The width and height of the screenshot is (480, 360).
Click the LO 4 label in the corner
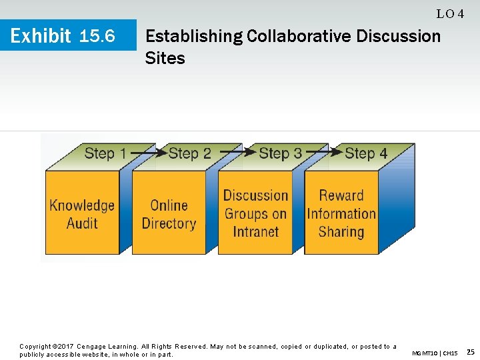(450, 14)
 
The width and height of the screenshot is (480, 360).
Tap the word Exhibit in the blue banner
(41, 36)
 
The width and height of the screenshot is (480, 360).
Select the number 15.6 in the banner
(97, 36)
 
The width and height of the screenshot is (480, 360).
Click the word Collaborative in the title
(299, 36)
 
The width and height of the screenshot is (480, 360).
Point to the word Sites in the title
(165, 59)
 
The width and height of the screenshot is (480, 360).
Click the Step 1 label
(105, 153)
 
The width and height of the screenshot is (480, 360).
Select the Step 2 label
(190, 153)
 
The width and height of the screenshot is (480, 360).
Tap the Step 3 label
(280, 153)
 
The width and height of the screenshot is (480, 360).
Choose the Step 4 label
(365, 153)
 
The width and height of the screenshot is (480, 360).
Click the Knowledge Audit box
(82, 213)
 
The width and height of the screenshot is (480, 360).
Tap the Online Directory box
(169, 213)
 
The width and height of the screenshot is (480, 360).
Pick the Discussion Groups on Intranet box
(255, 213)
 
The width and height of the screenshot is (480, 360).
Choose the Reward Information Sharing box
(341, 213)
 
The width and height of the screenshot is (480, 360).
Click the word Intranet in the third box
(255, 232)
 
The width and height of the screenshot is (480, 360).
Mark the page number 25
(470, 352)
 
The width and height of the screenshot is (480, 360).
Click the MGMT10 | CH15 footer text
(435, 353)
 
